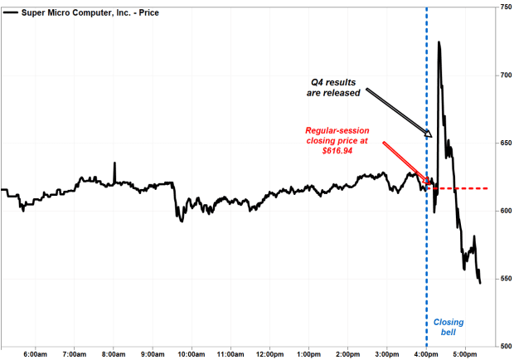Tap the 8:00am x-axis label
coord(114,353)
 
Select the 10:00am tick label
coord(192,353)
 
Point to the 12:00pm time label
coord(270,353)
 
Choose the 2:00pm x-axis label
coord(348,353)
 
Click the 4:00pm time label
coord(426,353)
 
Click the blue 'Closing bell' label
coord(449,327)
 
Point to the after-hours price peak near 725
coord(439,42)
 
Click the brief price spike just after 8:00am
coord(114,163)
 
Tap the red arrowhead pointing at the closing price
coord(429,183)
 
